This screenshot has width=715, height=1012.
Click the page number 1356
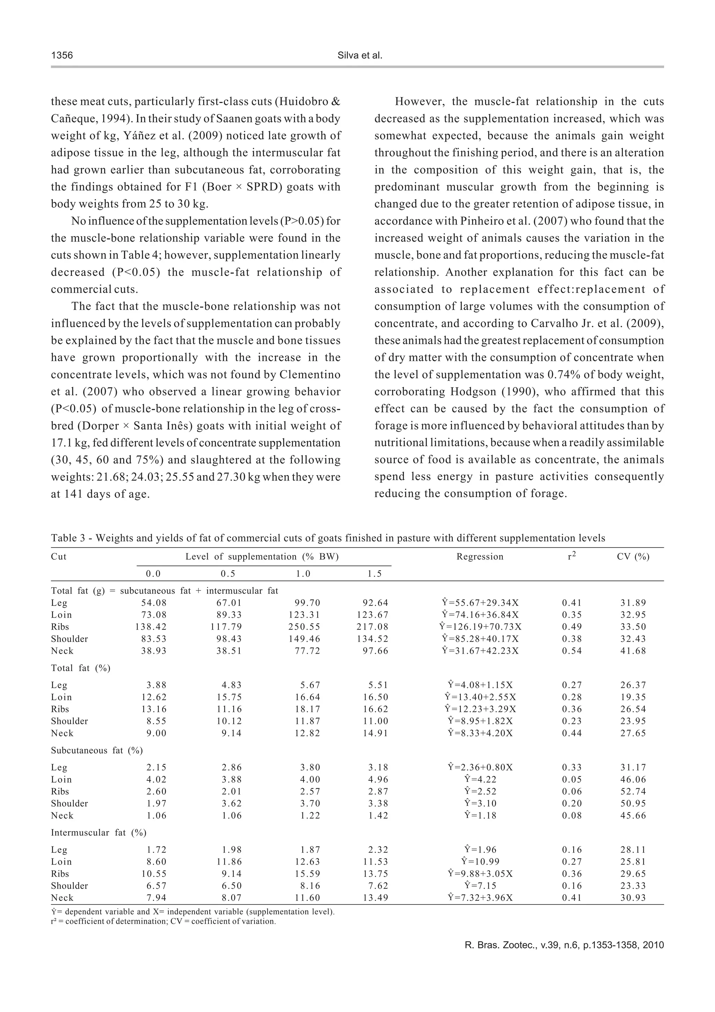[62, 56]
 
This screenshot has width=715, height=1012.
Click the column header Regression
[480, 557]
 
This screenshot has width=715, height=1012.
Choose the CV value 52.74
[633, 792]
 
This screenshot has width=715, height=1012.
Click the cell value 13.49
[375, 898]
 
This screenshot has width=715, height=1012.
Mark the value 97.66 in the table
[375, 651]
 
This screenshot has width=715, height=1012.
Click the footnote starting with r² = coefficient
[163, 922]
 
